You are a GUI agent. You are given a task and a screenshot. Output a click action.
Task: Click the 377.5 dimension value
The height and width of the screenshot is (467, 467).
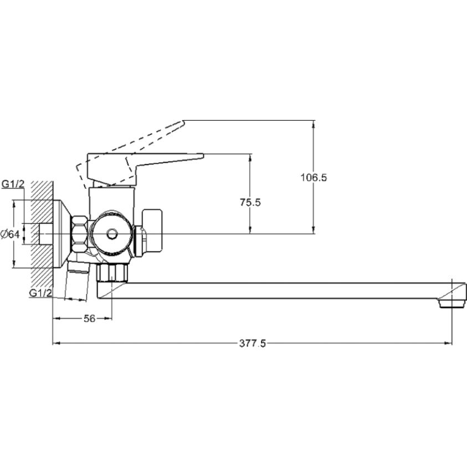tap(252, 343)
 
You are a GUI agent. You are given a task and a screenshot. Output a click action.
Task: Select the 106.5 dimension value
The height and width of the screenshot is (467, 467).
tap(314, 177)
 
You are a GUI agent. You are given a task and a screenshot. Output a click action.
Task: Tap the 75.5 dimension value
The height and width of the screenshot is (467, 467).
tap(250, 202)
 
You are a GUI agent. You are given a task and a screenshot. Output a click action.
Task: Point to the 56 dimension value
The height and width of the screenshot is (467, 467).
tap(89, 319)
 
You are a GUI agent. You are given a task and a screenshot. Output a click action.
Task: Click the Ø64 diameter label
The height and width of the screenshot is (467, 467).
tap(11, 234)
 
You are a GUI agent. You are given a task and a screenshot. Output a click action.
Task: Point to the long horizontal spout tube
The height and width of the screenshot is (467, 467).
tap(277, 290)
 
